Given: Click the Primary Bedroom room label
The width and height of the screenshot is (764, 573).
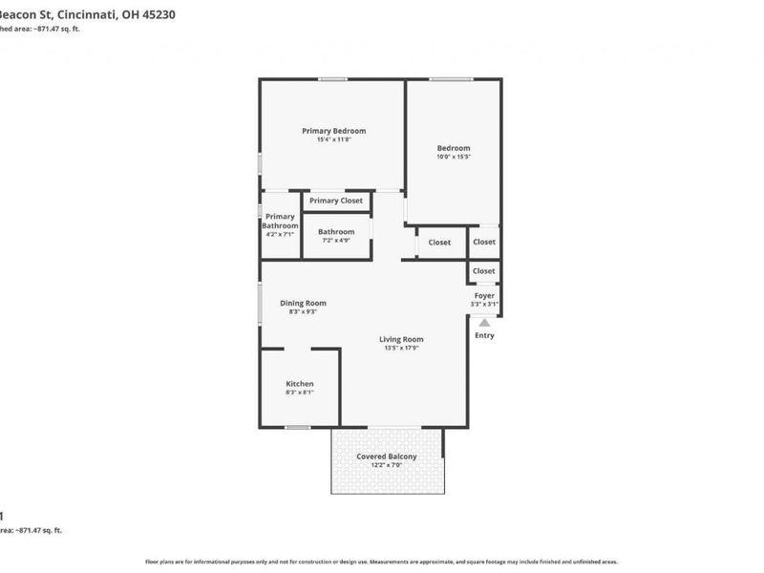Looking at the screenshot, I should (333, 131).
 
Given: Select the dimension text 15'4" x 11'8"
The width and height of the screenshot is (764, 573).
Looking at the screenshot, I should (333, 140).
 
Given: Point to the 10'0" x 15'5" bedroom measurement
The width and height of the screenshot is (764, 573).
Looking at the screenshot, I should (454, 157).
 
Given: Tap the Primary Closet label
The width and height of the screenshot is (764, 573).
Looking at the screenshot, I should (336, 201).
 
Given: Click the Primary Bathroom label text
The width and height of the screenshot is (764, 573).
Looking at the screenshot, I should (280, 222).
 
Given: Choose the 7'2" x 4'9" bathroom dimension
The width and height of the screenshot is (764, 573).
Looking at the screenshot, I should (336, 241).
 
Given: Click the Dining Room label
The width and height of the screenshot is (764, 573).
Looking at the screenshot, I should (303, 303).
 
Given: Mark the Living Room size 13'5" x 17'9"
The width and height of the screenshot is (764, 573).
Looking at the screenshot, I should (401, 349).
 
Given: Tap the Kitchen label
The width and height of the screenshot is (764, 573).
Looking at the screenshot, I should (299, 384).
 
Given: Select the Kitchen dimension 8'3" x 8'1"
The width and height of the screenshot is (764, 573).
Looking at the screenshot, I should (299, 393).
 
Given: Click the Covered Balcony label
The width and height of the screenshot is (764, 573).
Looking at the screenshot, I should (387, 456).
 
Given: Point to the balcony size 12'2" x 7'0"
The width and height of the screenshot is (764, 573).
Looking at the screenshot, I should (387, 465).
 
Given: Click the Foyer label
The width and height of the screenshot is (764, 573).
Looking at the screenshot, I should (484, 296).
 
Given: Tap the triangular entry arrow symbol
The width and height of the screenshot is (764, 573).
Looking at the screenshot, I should (484, 322).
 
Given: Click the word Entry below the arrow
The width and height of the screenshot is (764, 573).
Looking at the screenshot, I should (484, 335).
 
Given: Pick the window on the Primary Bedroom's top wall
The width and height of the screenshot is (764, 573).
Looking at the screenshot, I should (332, 79).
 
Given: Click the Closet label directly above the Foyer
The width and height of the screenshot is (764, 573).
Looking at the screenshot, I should (484, 271).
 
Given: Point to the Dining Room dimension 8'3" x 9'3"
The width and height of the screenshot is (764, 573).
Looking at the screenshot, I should (303, 312).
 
